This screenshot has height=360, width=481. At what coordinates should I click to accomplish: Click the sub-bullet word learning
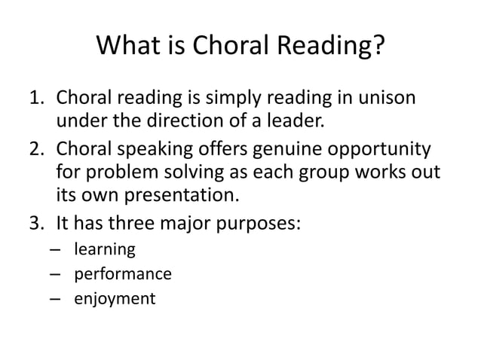click(104, 249)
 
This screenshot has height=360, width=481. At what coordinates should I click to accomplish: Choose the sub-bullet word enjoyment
click(114, 299)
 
